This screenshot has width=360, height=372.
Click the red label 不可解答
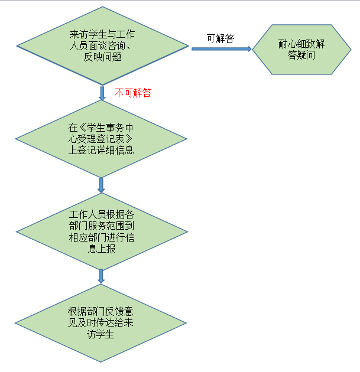(133, 93)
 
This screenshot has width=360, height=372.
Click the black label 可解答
(220, 38)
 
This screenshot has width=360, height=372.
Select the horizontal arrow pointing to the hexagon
(222, 49)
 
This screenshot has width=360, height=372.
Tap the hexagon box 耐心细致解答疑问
(301, 50)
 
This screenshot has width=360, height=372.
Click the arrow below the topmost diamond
(102, 93)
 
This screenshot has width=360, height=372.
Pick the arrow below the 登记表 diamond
(101, 185)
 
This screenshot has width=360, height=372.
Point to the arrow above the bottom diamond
(101, 276)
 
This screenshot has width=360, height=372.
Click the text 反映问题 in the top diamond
(103, 57)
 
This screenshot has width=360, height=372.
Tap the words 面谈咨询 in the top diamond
(107, 46)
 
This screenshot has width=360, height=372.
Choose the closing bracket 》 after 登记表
(129, 139)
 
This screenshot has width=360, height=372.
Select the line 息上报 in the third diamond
(102, 249)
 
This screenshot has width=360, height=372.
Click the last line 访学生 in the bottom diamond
(100, 334)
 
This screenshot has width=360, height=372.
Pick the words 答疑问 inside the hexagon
(301, 55)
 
